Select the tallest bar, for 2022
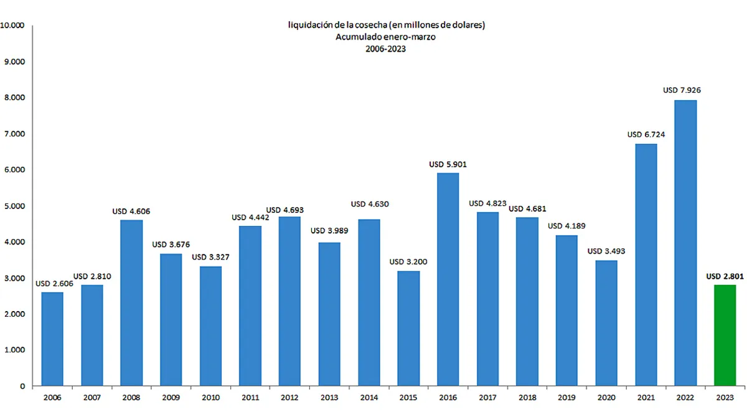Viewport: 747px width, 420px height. tap(685, 243)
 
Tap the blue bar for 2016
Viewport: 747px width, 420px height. tap(448, 279)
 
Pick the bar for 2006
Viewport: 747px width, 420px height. tap(52, 338)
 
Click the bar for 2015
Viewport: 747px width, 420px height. tap(408, 328)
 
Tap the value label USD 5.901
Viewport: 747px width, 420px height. tap(448, 164)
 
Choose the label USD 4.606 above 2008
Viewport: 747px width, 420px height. tap(131, 212)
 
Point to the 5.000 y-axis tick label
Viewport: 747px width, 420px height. tap(14, 206)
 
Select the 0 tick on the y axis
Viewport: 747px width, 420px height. tap(22, 386)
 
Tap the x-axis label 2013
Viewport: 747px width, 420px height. tap(329, 397)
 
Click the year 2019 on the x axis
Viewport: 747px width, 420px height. tap(566, 397)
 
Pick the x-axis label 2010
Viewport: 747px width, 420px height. tap(210, 397)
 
